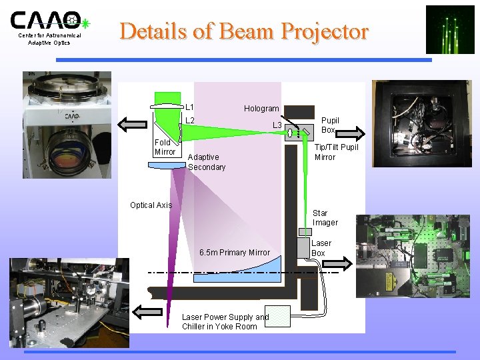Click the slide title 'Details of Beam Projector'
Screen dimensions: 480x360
243,31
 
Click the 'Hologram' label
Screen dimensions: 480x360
261,109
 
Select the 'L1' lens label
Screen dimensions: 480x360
190,107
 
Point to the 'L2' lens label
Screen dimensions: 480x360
190,121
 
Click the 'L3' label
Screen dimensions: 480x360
277,125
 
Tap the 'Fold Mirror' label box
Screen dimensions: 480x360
165,147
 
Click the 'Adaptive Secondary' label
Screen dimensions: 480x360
207,162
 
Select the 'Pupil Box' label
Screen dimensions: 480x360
330,125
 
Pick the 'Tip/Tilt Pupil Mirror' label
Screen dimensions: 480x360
336,151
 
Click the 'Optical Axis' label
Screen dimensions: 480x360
151,205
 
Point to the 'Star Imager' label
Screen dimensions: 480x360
325,218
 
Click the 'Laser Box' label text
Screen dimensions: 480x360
321,248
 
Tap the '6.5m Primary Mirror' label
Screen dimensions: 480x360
235,252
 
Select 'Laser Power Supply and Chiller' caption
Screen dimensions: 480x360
225,321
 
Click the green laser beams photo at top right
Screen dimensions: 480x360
449,29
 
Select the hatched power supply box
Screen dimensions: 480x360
277,316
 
